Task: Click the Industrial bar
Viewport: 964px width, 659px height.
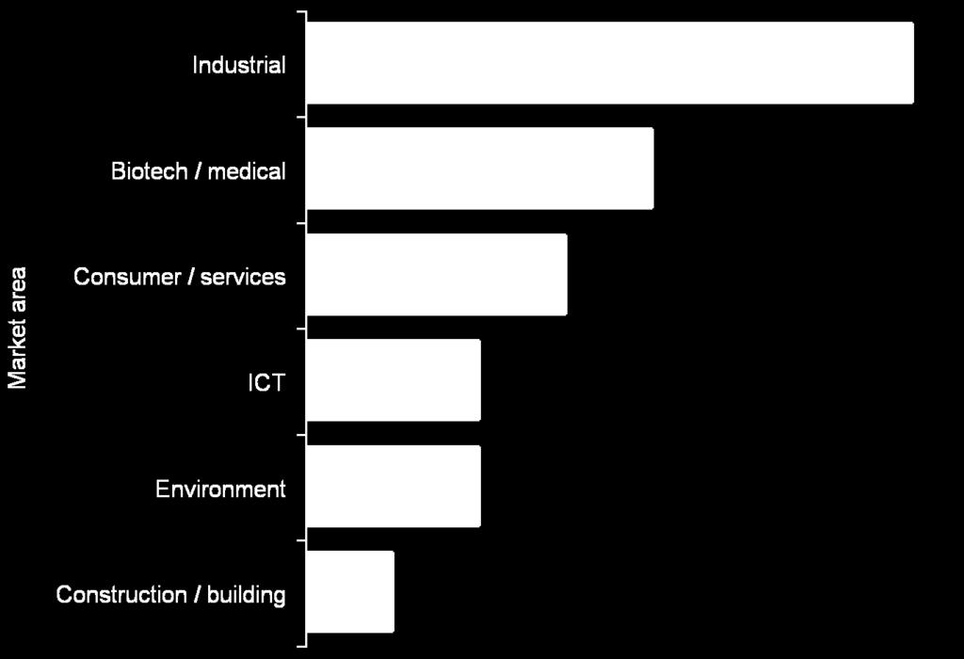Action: [x=610, y=63]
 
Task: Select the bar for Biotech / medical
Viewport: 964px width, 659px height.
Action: [x=479, y=169]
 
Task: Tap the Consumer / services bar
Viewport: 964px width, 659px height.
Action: [x=437, y=274]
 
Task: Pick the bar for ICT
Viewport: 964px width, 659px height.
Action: [x=394, y=380]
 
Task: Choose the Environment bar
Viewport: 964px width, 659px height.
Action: [x=394, y=486]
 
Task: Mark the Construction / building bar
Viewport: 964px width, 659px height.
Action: [x=350, y=591]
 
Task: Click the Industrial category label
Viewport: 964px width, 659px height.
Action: [x=239, y=65]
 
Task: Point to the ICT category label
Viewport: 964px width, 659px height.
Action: [x=266, y=382]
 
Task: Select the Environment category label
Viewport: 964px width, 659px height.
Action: [x=220, y=489]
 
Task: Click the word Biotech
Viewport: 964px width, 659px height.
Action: [x=150, y=171]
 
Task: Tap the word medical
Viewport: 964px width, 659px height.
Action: [x=247, y=171]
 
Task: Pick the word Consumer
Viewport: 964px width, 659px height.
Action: [x=127, y=277]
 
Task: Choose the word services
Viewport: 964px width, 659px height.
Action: [x=243, y=277]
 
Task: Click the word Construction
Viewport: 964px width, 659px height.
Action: [x=121, y=594]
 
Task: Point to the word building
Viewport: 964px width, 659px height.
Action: [x=247, y=595]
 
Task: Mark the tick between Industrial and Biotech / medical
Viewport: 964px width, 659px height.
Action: [x=301, y=117]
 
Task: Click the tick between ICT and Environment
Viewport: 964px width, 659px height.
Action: [x=301, y=434]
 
